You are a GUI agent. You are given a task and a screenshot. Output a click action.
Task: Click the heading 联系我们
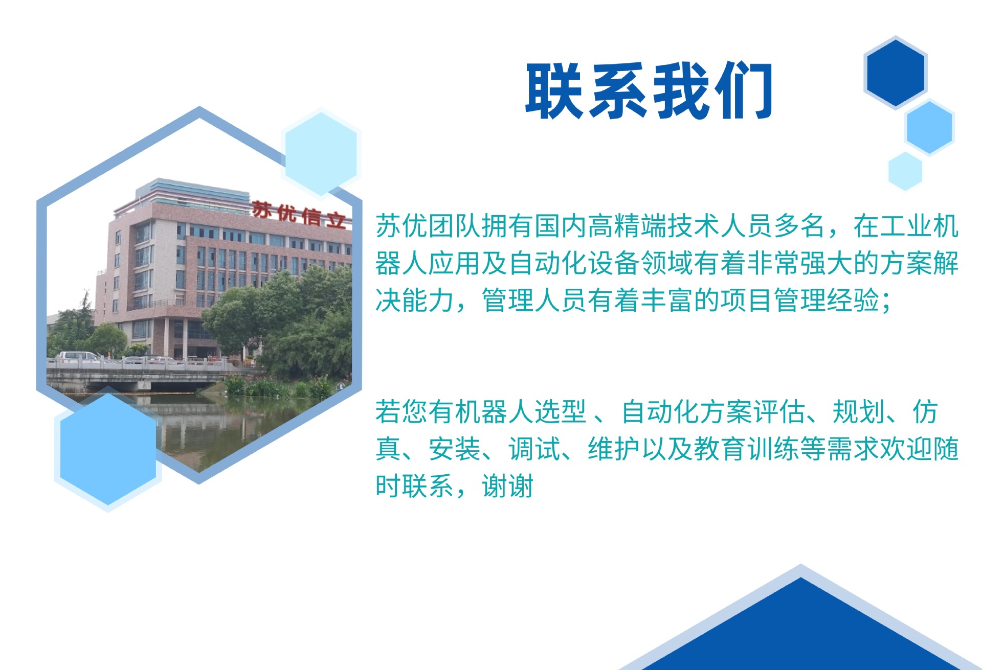[x=649, y=91]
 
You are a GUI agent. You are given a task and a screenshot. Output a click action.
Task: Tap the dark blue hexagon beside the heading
[x=895, y=73]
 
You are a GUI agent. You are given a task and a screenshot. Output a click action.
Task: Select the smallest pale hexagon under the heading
[x=905, y=171]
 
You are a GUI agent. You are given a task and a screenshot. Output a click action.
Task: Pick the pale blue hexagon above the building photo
[x=321, y=152]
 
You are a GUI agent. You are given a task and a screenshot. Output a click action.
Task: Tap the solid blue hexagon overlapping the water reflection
[x=108, y=449]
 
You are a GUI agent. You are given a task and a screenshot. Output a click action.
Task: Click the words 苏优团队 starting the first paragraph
[x=428, y=226]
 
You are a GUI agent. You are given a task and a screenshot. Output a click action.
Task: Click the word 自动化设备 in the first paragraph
[x=574, y=263]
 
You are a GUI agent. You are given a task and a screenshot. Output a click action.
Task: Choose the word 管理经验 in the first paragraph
[x=827, y=300]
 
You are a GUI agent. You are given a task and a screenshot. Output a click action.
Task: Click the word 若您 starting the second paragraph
[x=401, y=412]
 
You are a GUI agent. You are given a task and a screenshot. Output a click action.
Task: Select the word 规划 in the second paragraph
[x=859, y=412]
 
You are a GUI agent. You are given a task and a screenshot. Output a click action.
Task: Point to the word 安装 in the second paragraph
[x=455, y=449]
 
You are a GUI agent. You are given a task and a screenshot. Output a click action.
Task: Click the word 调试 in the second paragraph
[x=534, y=449]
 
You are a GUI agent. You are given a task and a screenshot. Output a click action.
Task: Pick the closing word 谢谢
[x=507, y=486]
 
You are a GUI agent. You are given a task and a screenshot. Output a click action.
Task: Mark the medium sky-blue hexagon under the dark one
[x=929, y=127]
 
